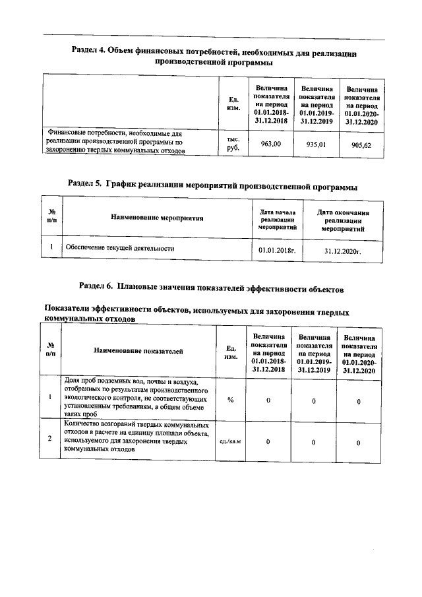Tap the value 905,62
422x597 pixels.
[362, 145]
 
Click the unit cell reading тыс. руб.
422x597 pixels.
[233, 144]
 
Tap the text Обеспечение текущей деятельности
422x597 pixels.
[119, 249]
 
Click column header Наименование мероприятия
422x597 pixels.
[157, 217]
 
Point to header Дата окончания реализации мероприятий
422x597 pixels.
[343, 219]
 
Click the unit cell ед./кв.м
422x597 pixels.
[231, 441]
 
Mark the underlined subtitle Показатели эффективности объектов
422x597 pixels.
[196, 313]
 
